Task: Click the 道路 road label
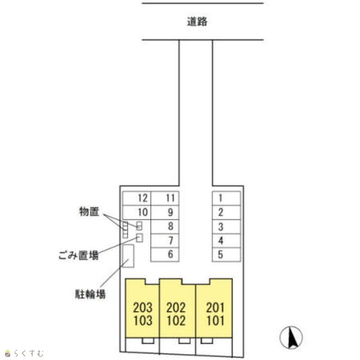[197, 22]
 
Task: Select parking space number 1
[226, 198]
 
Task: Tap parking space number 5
[226, 254]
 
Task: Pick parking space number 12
[137, 198]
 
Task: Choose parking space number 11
[165, 198]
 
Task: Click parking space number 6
[165, 254]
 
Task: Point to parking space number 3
[226, 227]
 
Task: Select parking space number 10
[137, 212]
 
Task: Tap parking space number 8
[165, 227]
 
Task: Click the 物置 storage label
[89, 211]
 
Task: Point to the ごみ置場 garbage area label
[79, 255]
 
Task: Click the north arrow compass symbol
[291, 337]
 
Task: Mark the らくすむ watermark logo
[24, 353]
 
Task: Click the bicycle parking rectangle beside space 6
[129, 256]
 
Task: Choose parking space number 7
[165, 241]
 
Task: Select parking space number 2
[226, 212]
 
